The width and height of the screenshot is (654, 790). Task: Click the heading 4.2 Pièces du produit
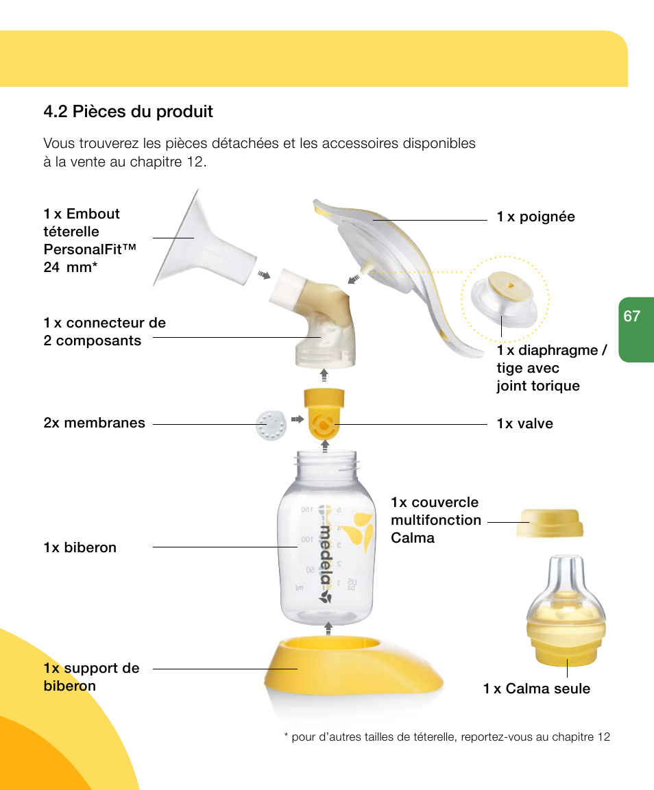pyautogui.click(x=128, y=112)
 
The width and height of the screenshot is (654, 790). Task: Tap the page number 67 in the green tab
pyautogui.click(x=631, y=316)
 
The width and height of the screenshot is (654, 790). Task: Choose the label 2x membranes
pyautogui.click(x=94, y=423)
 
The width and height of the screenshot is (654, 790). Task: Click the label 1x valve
pyautogui.click(x=524, y=424)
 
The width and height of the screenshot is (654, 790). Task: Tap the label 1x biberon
pyautogui.click(x=80, y=547)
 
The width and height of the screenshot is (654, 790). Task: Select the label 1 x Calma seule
pyautogui.click(x=536, y=689)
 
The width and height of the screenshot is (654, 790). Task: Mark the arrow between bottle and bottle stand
pyautogui.click(x=328, y=628)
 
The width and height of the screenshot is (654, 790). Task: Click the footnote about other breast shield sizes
pyautogui.click(x=446, y=737)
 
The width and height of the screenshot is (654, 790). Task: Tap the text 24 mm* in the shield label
pyautogui.click(x=69, y=267)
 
